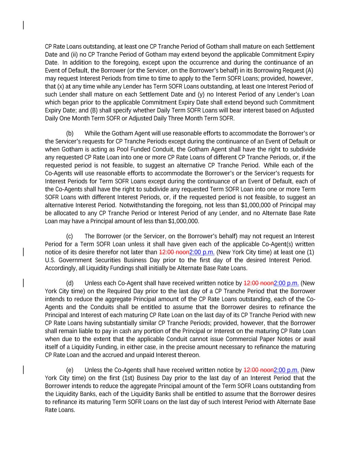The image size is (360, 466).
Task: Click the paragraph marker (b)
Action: (x=70, y=133)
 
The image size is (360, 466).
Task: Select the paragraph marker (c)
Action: (x=70, y=236)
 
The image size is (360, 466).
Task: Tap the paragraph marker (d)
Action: (x=70, y=283)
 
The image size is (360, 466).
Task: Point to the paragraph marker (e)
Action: (x=70, y=370)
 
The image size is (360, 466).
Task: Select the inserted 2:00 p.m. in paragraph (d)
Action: (x=286, y=283)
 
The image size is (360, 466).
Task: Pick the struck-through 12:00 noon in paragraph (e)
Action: (x=258, y=370)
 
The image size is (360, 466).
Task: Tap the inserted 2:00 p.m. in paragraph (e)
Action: (x=286, y=370)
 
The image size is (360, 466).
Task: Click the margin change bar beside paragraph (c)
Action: (x=23, y=252)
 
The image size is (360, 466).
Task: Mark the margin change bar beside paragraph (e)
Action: (x=23, y=370)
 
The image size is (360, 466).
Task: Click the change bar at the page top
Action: (x=23, y=25)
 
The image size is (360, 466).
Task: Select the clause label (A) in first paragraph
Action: (x=309, y=70)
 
